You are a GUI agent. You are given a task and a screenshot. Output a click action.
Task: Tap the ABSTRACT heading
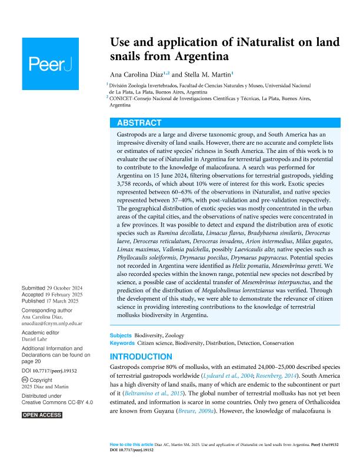click(x=139, y=123)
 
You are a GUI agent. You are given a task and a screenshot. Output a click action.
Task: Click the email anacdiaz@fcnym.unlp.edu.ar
click(x=52, y=322)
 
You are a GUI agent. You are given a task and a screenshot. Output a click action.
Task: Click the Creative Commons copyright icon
click(x=24, y=381)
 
